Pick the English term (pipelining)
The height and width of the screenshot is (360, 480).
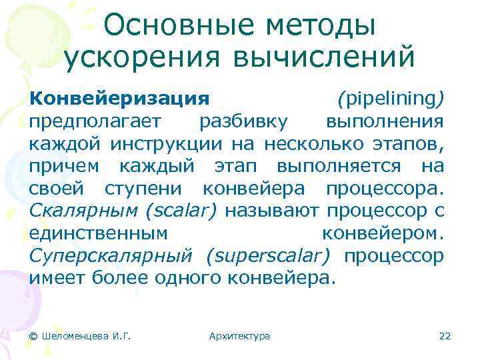391,99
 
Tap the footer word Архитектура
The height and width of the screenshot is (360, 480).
239,335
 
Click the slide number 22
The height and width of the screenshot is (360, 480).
445,335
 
